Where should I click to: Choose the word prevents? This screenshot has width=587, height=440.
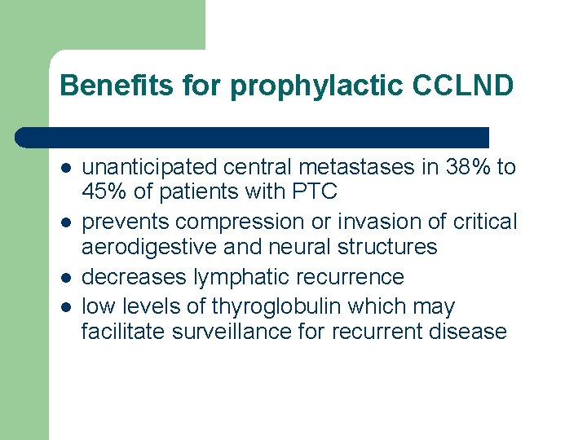coord(126,222)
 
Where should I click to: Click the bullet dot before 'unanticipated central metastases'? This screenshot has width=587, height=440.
coord(65,168)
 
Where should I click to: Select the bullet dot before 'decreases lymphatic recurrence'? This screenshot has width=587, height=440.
coord(65,278)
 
